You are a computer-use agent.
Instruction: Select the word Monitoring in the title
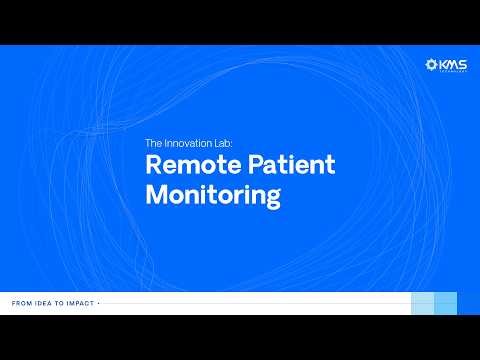pos(213,194)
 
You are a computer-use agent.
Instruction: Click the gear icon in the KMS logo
pos(432,65)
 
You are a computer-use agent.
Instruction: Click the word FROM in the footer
pos(21,302)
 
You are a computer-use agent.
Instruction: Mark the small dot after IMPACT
pos(99,302)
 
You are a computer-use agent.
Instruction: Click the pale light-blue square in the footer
pos(423,303)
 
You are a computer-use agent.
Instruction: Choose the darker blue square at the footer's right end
pos(446,303)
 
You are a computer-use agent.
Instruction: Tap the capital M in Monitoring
pos(157,194)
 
